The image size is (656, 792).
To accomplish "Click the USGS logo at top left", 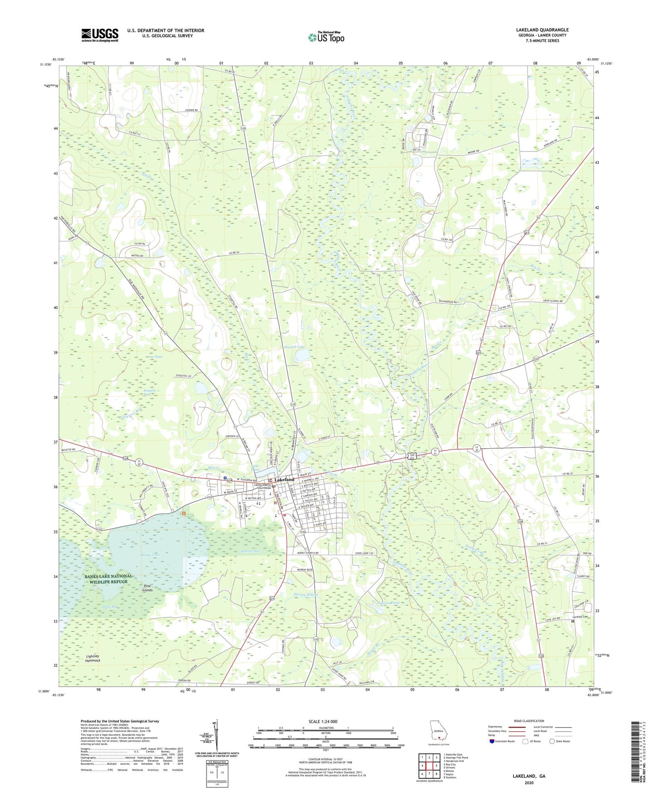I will [99, 35].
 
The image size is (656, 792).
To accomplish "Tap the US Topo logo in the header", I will [326, 38].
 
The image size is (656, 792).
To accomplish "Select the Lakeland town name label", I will [284, 479].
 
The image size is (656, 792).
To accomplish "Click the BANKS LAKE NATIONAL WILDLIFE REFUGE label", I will [109, 579].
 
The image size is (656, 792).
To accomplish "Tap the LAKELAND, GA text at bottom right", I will [529, 776].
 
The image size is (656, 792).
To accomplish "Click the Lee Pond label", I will [156, 357].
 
